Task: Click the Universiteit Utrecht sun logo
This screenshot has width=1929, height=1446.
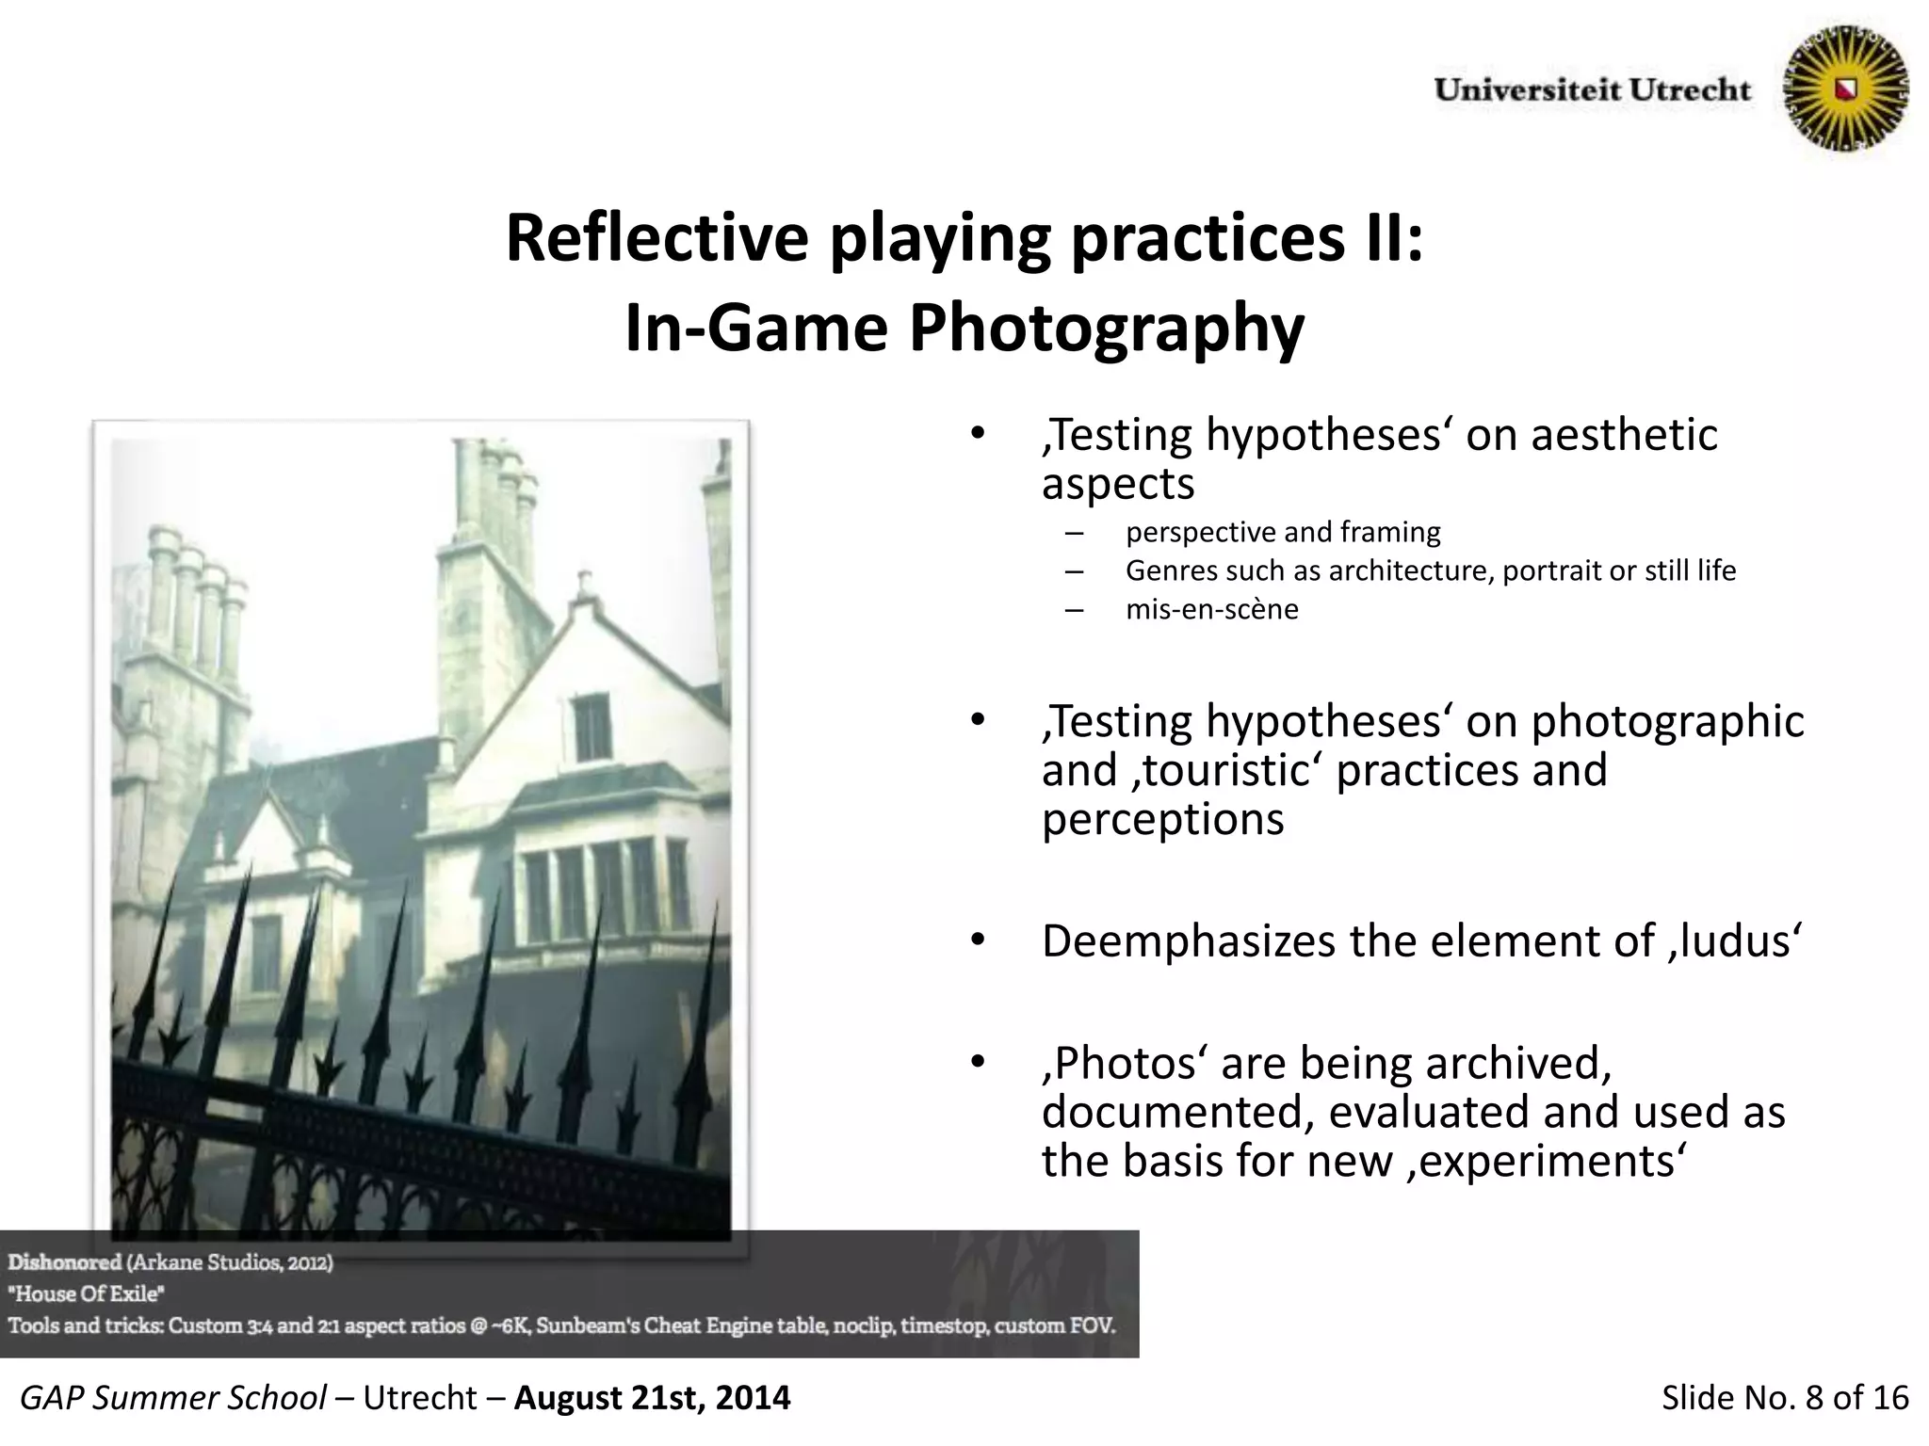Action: [x=1846, y=89]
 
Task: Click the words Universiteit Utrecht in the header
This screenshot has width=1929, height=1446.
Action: [x=1592, y=90]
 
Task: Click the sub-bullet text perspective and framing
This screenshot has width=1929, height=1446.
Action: [x=1282, y=533]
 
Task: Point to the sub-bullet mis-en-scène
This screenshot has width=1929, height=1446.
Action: [x=1211, y=610]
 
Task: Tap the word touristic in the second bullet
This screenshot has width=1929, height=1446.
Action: [x=1224, y=771]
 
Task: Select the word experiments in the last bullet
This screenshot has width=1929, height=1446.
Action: [x=1545, y=1162]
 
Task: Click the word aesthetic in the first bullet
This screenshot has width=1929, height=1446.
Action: [x=1624, y=436]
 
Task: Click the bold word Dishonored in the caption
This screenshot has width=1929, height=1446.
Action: [x=65, y=1262]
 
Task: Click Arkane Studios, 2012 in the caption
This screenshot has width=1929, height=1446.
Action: [x=230, y=1262]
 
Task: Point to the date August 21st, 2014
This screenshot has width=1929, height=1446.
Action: [x=652, y=1398]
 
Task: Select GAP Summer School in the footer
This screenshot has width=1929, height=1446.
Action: [x=173, y=1398]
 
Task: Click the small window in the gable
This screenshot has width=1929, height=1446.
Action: [x=591, y=727]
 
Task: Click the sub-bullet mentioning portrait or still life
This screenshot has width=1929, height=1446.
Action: [x=1430, y=571]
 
